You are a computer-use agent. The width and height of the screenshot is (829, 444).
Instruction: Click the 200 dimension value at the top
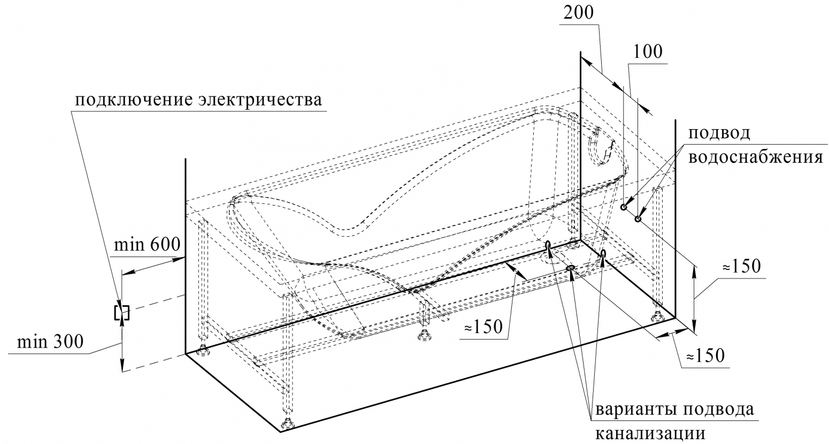pyautogui.click(x=579, y=13)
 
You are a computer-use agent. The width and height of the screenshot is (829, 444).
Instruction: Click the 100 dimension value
pyautogui.click(x=648, y=52)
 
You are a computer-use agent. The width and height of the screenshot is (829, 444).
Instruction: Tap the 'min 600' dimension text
pyautogui.click(x=147, y=245)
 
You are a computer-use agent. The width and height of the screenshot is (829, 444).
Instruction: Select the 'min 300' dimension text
pyautogui.click(x=50, y=342)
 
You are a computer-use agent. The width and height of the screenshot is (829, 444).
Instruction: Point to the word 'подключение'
pyautogui.click(x=134, y=100)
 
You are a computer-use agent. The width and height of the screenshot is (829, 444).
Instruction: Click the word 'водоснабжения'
pyautogui.click(x=756, y=157)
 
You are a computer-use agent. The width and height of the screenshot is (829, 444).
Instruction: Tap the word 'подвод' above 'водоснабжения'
pyautogui.click(x=719, y=133)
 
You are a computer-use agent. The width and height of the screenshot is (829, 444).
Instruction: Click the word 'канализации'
pyautogui.click(x=650, y=434)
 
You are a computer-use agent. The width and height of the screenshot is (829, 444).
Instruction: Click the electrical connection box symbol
pyautogui.click(x=122, y=313)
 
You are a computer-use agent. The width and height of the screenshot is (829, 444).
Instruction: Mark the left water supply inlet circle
pyautogui.click(x=624, y=207)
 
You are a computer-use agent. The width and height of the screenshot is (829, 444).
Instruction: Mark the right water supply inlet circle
pyautogui.click(x=638, y=219)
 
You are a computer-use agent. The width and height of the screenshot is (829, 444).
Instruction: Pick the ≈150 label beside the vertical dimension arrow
pyautogui.click(x=741, y=267)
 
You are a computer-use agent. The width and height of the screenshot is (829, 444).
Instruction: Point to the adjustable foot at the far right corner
pyautogui.click(x=659, y=316)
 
